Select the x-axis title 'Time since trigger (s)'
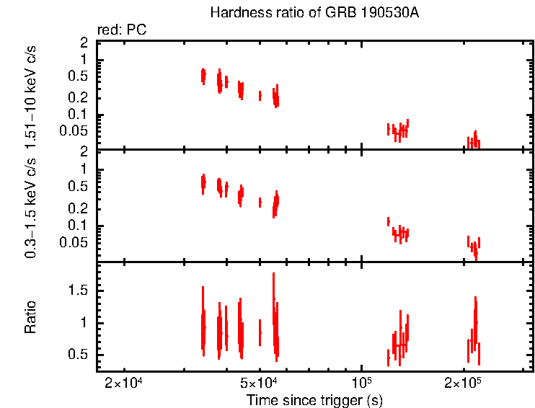coord(314,399)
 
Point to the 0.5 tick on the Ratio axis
coord(77,355)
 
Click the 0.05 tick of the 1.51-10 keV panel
coord(74,130)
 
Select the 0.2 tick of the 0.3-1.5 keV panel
coord(77,208)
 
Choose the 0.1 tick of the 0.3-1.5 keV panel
coord(77,225)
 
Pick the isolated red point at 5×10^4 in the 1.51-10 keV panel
coord(260,96)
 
